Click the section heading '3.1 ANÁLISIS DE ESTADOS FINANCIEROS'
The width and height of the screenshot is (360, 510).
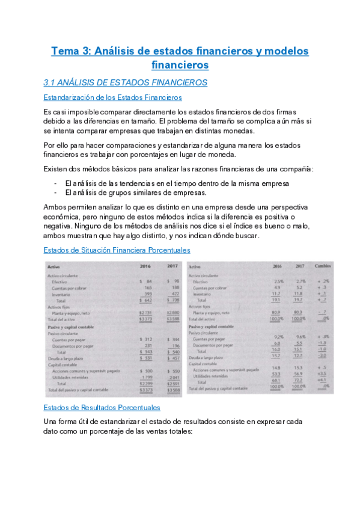[126, 82]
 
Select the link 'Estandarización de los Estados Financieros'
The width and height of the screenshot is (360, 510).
[113, 97]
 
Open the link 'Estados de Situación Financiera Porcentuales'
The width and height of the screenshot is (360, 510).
[117, 250]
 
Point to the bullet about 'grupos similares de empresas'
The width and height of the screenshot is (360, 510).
[135, 192]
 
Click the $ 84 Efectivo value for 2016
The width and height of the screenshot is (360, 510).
[146, 281]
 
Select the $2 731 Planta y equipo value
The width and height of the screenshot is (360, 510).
[145, 313]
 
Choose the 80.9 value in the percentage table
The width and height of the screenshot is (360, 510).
[277, 313]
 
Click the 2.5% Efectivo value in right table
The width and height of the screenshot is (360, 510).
[278, 281]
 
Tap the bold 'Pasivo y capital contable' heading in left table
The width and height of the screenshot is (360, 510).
[75, 327]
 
